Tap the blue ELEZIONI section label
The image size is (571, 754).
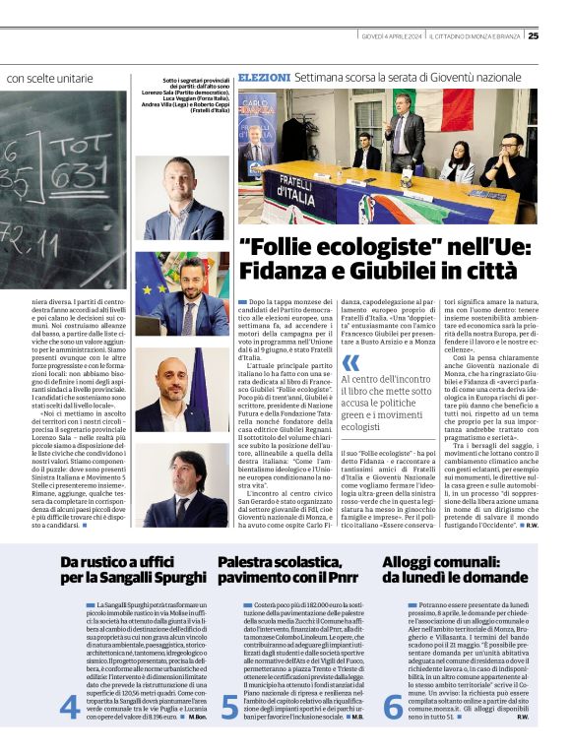(264, 76)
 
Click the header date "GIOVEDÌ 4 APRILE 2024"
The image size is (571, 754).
(392, 36)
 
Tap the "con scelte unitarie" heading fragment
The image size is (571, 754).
(49, 77)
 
